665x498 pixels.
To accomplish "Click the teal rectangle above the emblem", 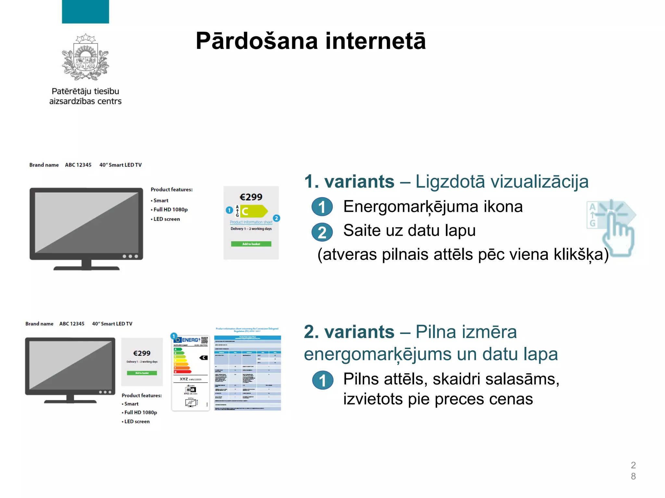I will [85, 12].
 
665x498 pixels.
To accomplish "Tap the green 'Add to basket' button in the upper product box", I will [251, 244].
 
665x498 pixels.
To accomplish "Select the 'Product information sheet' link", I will [251, 222].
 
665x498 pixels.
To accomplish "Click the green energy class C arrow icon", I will [254, 211].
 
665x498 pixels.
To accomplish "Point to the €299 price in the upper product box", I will [251, 197].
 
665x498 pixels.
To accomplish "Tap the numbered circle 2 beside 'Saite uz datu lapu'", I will [322, 232].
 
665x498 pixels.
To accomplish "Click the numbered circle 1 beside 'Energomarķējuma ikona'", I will [322, 207].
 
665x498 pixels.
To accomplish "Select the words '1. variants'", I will [349, 182].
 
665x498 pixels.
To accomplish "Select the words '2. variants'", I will [349, 332].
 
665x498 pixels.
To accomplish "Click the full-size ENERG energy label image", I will [191, 373].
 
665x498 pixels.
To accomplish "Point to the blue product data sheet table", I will [247, 373].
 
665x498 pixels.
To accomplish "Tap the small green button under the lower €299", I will [142, 373].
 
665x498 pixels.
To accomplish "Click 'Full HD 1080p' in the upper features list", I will [170, 210].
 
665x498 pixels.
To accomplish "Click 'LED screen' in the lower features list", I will [137, 421].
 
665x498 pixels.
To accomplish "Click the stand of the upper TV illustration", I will [86, 265].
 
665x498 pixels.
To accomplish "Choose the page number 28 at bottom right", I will [633, 471].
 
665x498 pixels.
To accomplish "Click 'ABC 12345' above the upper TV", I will [78, 165].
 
